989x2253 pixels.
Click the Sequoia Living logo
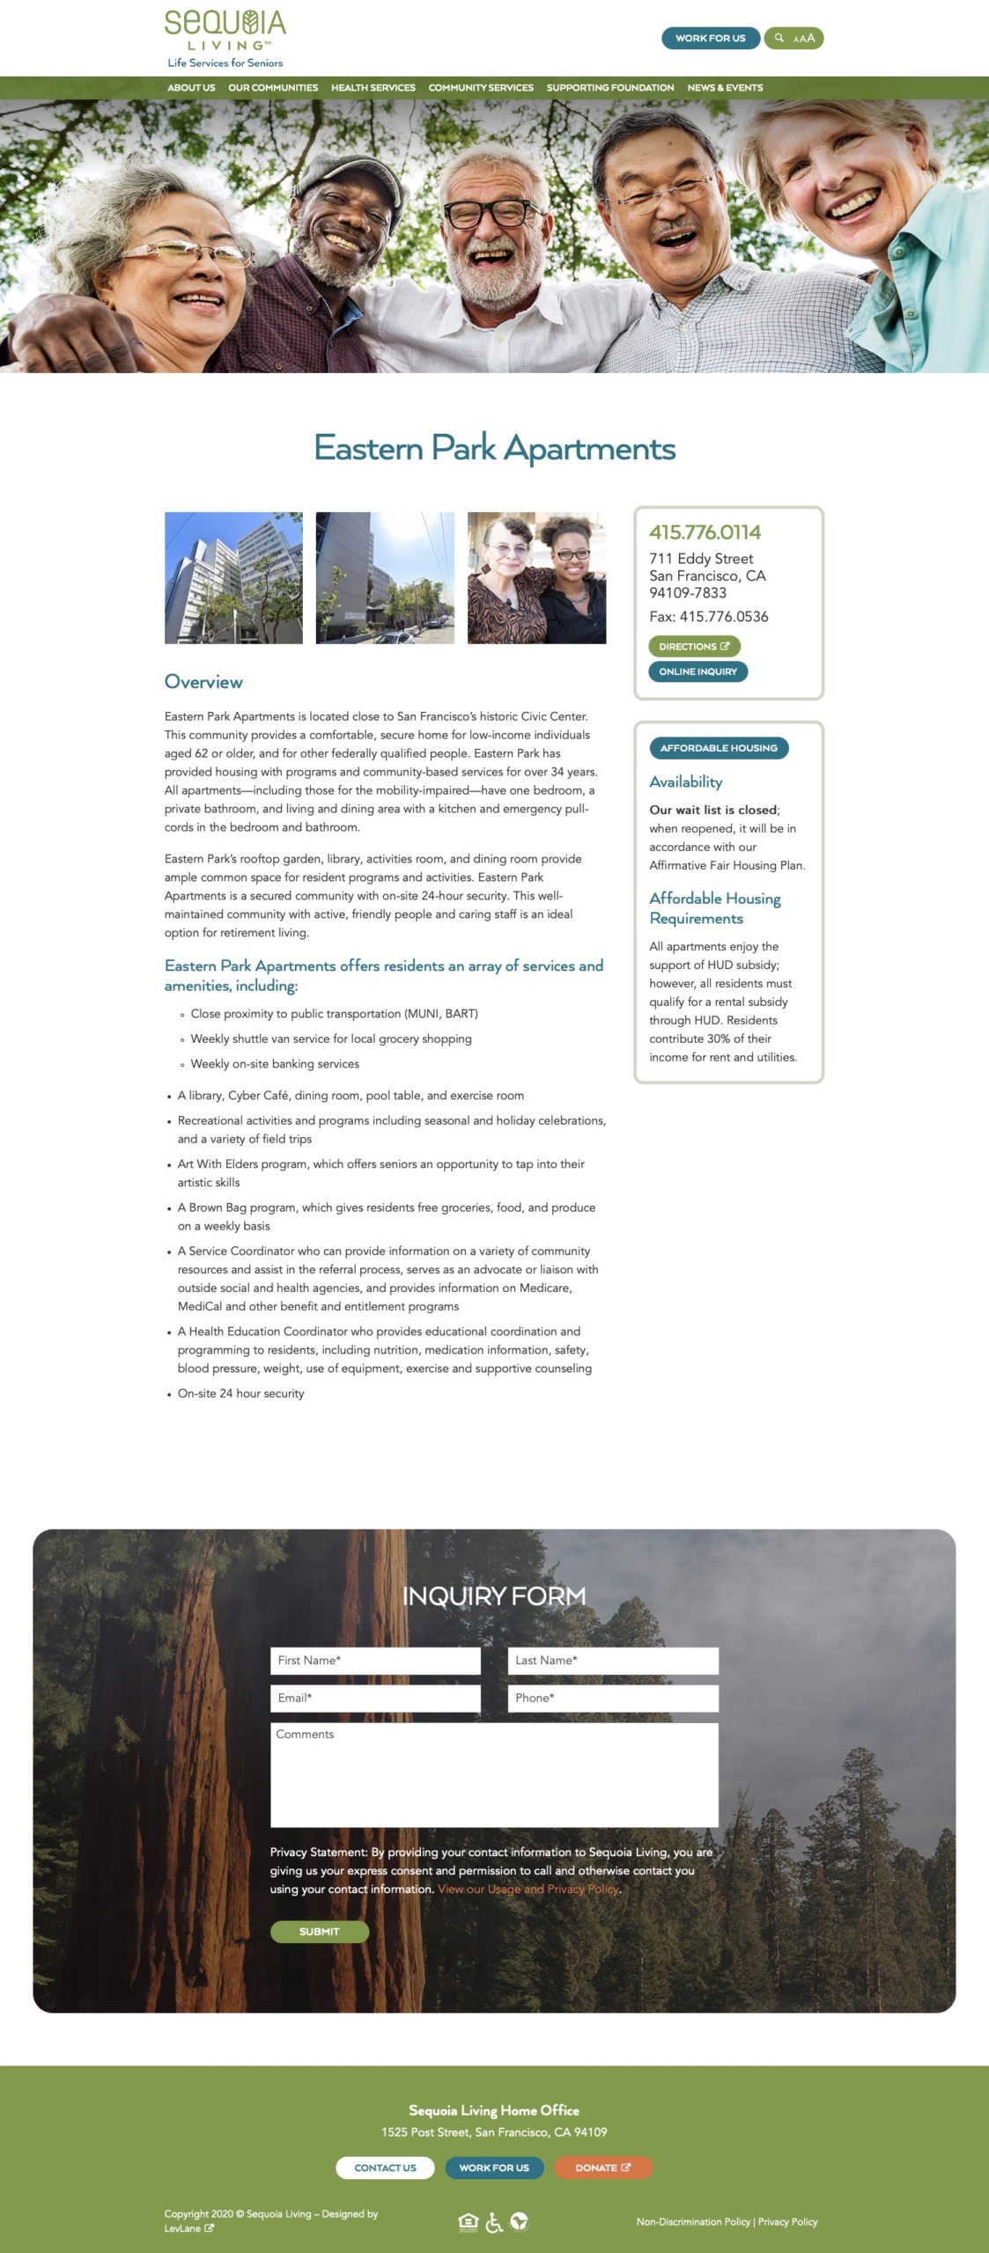225,38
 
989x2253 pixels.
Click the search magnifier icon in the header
779,38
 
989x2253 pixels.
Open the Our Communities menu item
273,88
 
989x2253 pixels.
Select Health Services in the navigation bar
373,88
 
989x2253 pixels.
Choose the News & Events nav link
725,88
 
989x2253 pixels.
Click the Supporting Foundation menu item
610,88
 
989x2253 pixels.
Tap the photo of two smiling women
536,577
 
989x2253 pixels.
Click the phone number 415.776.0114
705,532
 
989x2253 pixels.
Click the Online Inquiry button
697,671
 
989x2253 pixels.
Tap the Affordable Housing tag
719,748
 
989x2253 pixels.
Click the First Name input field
375,1660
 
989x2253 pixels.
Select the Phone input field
613,1698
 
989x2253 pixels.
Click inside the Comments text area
494,1774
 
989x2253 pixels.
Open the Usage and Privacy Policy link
528,1890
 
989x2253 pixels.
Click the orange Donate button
603,2168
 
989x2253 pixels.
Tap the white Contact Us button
385,2168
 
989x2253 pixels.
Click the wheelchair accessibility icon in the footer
494,2222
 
